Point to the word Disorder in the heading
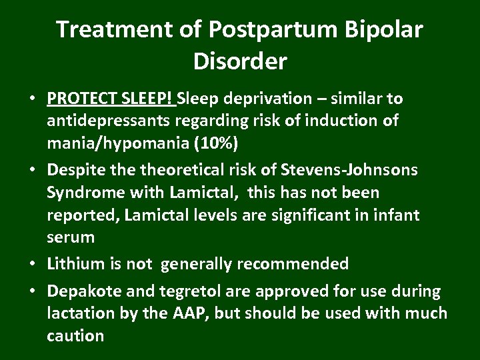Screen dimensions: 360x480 coord(240,62)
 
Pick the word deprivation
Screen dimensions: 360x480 coord(267,99)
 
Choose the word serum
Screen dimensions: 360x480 coord(70,237)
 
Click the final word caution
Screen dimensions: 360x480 coord(75,335)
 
